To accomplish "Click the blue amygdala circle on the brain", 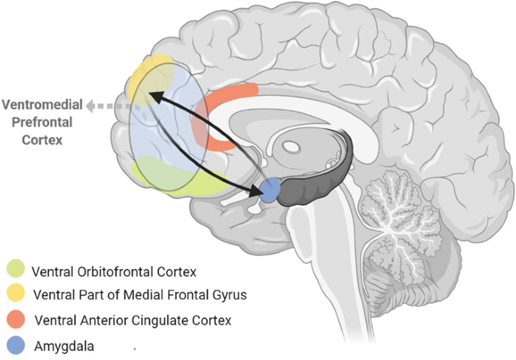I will (x=270, y=191).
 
